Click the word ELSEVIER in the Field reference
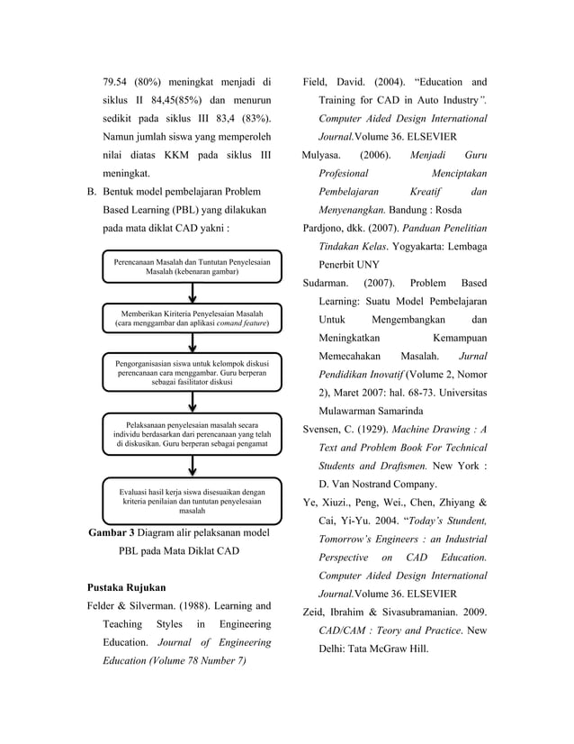click(428, 137)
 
